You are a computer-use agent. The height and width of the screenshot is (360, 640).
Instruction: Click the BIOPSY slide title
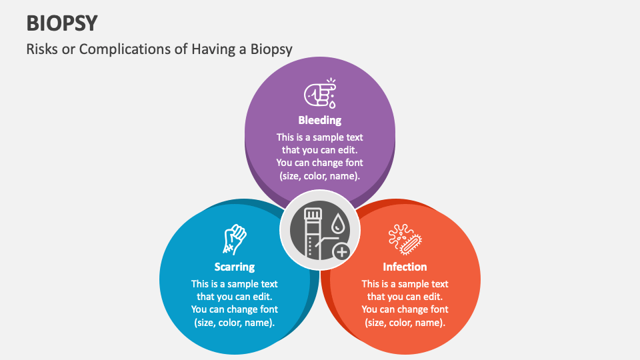tap(62, 23)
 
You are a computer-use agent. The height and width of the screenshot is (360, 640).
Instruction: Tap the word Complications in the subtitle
tap(124, 49)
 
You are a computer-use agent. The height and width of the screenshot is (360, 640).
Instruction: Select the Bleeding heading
tap(320, 121)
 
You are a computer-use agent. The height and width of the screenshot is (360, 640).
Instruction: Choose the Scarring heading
tap(235, 267)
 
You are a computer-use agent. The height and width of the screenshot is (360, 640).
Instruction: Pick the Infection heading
tap(405, 267)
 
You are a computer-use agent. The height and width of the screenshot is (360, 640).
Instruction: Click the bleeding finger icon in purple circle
tap(320, 94)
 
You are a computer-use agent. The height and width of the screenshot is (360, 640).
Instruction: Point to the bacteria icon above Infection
tap(405, 239)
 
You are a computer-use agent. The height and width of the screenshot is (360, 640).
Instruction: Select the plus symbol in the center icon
tap(342, 251)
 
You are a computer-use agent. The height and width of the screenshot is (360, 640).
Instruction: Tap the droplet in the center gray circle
tap(339, 223)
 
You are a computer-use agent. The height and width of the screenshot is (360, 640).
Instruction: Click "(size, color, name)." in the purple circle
tap(320, 176)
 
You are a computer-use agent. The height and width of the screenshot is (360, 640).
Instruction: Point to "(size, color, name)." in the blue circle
tap(235, 323)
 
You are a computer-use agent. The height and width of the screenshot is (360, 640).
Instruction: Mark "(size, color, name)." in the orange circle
tap(405, 323)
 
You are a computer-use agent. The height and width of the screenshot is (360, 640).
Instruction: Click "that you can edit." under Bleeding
tap(320, 150)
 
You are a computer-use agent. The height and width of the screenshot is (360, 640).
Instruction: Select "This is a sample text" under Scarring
tap(235, 284)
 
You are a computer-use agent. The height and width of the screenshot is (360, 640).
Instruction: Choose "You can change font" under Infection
tap(405, 309)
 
